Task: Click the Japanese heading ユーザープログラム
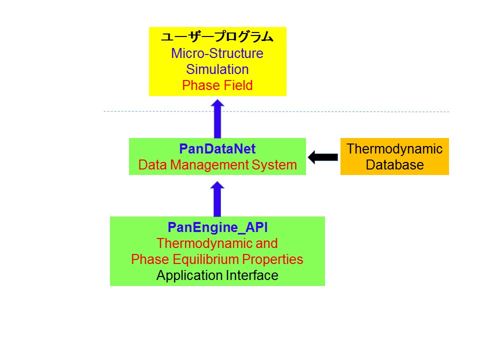(217, 37)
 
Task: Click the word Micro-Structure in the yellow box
(217, 53)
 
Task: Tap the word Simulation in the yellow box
(217, 69)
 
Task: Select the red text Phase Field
(217, 85)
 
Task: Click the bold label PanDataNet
(217, 149)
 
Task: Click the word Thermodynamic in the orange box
(394, 149)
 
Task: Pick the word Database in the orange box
(394, 165)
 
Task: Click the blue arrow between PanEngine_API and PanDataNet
(217, 198)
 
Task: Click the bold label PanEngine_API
(217, 227)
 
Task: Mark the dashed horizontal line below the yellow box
(350, 111)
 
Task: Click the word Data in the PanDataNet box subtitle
(151, 165)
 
